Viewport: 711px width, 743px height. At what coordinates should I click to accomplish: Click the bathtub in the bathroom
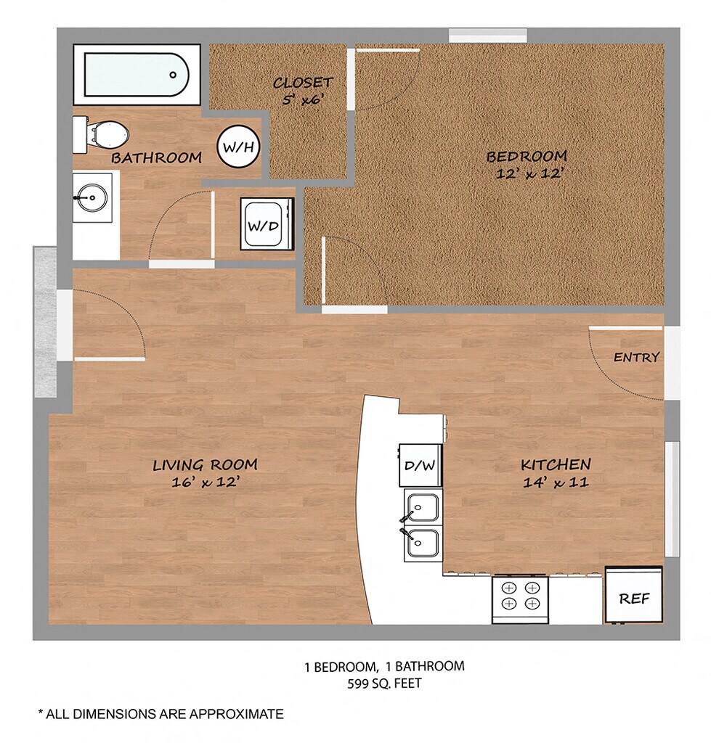pos(137,75)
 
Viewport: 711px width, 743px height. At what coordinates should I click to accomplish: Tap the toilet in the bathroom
pos(101,135)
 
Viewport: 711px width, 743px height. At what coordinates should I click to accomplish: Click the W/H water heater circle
pos(239,147)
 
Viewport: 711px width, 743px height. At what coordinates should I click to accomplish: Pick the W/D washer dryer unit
pos(267,223)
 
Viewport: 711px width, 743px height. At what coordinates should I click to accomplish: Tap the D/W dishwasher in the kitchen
pos(420,465)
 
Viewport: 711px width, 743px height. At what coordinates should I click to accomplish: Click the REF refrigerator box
pos(634,596)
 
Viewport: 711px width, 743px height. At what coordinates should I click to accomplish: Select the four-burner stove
pos(520,599)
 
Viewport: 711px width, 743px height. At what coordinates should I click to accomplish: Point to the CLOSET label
pos(303,83)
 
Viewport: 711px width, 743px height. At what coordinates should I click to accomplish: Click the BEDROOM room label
pos(527,157)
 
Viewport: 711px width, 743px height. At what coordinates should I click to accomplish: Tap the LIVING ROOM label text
pos(205,465)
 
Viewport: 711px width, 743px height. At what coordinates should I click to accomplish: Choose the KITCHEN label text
pos(556,465)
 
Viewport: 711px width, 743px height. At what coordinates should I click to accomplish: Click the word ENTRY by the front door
pos(636,357)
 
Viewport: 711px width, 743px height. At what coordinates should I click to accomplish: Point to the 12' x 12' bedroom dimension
pos(529,173)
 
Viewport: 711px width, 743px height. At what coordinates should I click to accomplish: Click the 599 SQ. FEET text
pos(384,684)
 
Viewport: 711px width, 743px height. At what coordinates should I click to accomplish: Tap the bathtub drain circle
pos(173,75)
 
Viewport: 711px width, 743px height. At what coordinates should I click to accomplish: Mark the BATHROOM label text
pos(157,157)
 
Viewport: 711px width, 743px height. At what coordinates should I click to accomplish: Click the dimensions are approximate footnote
pos(161,714)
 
